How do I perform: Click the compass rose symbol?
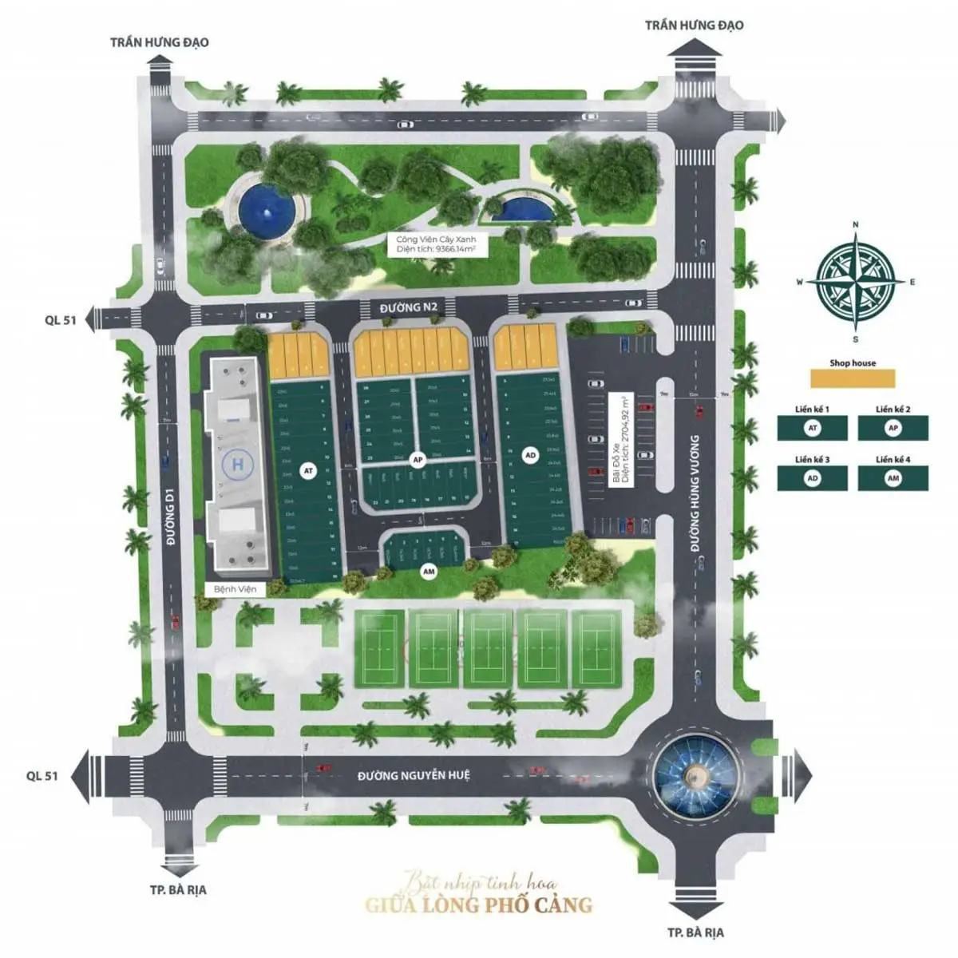click(855, 281)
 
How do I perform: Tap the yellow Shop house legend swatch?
click(852, 378)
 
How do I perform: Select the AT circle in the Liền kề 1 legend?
click(813, 428)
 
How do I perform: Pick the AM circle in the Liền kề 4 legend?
click(893, 478)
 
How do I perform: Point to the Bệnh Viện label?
click(235, 588)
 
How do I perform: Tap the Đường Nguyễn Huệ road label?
click(414, 775)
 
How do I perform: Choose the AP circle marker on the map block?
click(417, 460)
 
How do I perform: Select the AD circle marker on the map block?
click(530, 455)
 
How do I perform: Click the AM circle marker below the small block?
click(429, 571)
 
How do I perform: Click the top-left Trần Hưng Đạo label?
click(159, 42)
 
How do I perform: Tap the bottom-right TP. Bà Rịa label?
click(696, 932)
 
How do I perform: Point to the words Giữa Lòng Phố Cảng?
click(479, 905)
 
